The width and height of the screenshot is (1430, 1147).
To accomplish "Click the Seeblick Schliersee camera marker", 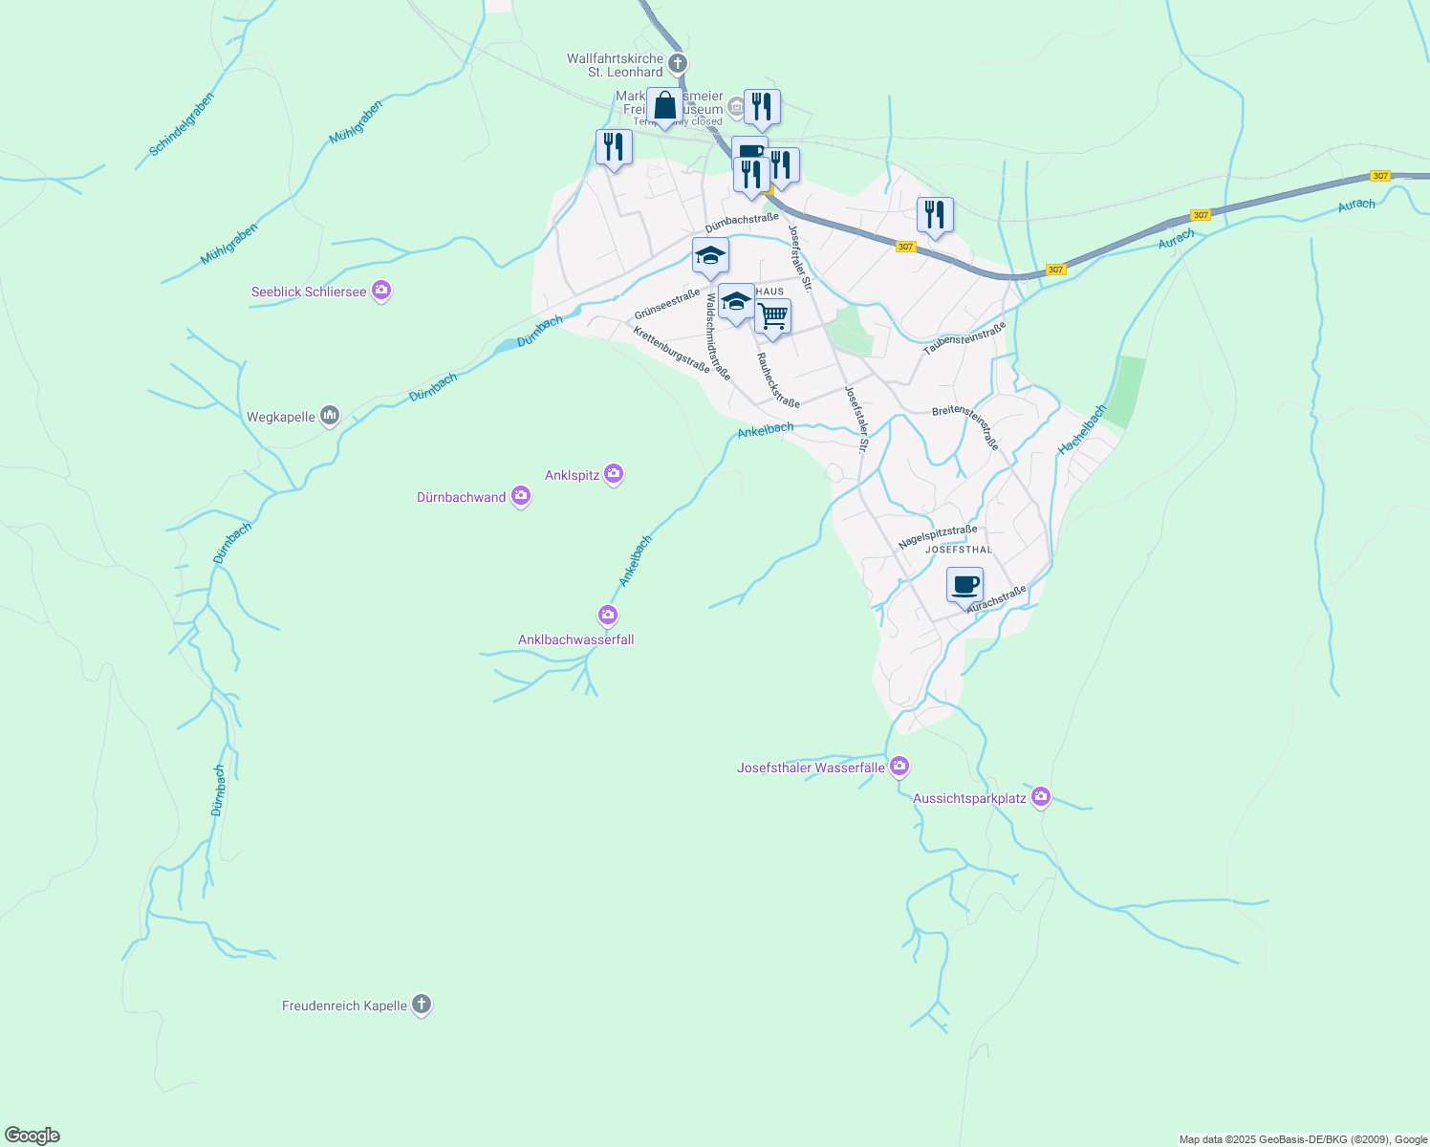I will (x=381, y=290).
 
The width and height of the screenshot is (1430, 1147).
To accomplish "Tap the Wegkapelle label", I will (x=281, y=417).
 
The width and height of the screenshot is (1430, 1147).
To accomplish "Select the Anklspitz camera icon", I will (x=614, y=473).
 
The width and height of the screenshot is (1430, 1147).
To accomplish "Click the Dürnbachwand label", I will (x=461, y=497).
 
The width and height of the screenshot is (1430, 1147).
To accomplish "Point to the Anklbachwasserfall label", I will (x=575, y=639).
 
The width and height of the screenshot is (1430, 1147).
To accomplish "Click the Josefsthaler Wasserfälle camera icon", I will (x=899, y=766).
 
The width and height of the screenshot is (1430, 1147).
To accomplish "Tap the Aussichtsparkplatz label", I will (x=969, y=798).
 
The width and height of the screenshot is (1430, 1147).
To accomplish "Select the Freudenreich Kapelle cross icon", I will (x=422, y=1004).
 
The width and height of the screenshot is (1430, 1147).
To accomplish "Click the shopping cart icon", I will (x=772, y=315).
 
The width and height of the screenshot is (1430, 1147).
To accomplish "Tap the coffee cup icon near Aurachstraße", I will (x=964, y=583).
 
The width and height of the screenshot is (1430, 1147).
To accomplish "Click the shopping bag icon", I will (x=664, y=105).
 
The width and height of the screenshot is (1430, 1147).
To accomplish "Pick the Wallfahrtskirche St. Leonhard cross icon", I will (x=677, y=64).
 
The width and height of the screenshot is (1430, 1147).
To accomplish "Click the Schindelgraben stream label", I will (x=182, y=124).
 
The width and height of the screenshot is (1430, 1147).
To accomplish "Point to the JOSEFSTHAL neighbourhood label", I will (x=960, y=550).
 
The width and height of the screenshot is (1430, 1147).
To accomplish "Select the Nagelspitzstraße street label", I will (x=938, y=537).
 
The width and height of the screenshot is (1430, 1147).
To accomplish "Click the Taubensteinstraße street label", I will (x=964, y=338).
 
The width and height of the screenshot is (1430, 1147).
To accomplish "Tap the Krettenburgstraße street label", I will (x=671, y=350).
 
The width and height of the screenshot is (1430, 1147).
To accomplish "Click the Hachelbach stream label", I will (x=1082, y=429).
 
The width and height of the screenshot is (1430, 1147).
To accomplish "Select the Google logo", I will (x=32, y=1136).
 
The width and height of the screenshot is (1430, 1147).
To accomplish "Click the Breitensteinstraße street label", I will (x=965, y=425).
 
